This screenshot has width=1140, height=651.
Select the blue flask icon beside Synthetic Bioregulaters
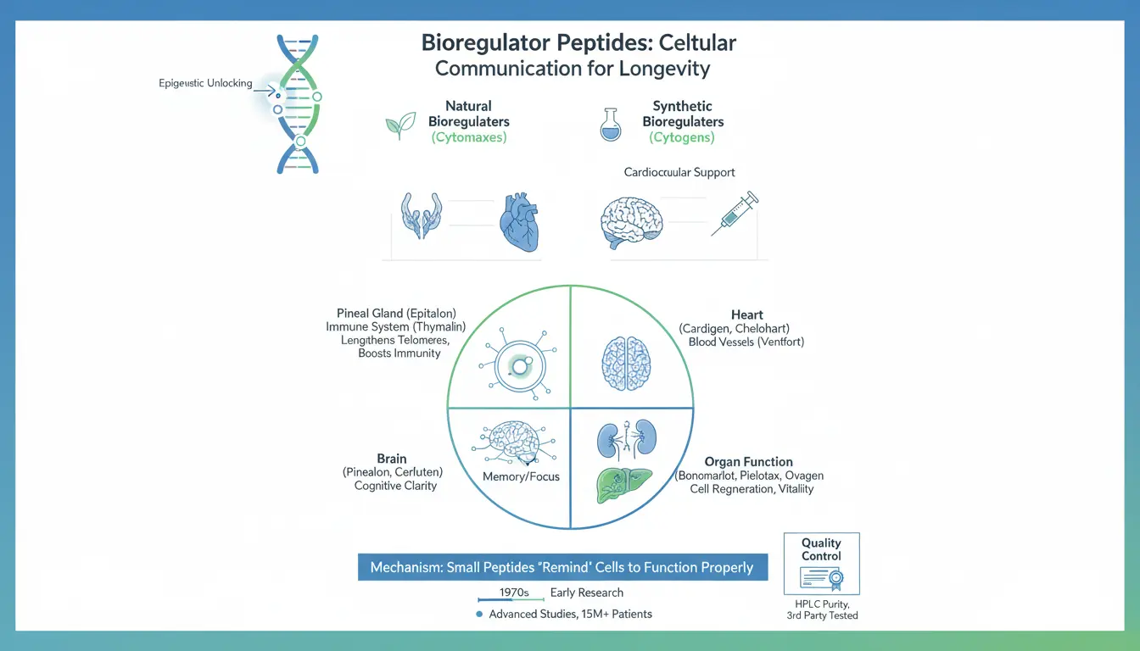pyautogui.click(x=610, y=124)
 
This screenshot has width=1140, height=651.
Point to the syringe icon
pyautogui.click(x=734, y=214)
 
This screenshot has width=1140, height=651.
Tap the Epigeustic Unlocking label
pyautogui.click(x=206, y=83)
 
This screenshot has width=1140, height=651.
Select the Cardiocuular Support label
pyautogui.click(x=679, y=172)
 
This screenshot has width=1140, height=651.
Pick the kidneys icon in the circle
pyautogui.click(x=628, y=441)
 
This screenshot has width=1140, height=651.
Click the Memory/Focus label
pyautogui.click(x=521, y=476)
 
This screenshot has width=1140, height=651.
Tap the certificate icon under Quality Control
pyautogui.click(x=821, y=578)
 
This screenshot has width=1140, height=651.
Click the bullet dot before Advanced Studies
pyautogui.click(x=480, y=614)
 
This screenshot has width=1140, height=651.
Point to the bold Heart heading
pyautogui.click(x=746, y=314)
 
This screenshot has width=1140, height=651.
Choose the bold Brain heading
pyautogui.click(x=392, y=459)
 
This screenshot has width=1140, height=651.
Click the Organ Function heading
pyautogui.click(x=748, y=462)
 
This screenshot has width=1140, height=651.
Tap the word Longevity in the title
pyautogui.click(x=661, y=67)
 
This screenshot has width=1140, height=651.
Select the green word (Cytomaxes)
pyautogui.click(x=469, y=137)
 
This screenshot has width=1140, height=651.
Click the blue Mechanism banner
pyautogui.click(x=562, y=567)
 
